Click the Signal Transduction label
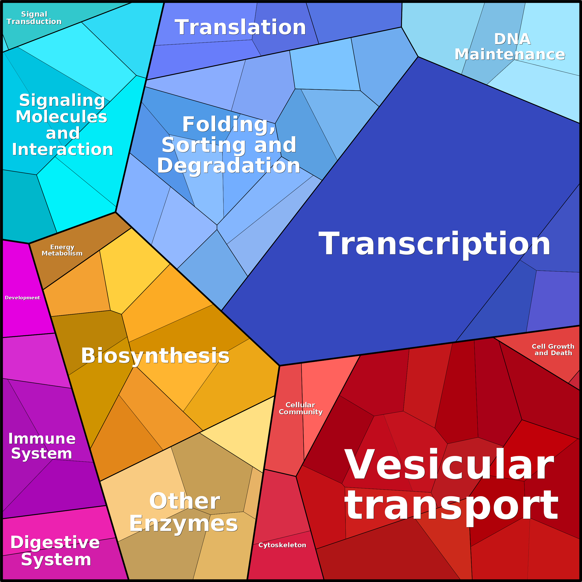[x=34, y=18]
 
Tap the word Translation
[x=240, y=27]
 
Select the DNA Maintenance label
[x=510, y=47]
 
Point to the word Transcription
[x=434, y=244]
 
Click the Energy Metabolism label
[x=62, y=250]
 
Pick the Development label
[x=23, y=298]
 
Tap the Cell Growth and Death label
[x=553, y=350]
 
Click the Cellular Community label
[x=301, y=408]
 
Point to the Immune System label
[x=42, y=446]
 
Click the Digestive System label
[x=55, y=551]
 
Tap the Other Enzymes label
[x=184, y=512]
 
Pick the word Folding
[x=229, y=125]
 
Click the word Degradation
[x=229, y=166]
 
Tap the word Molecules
[x=61, y=117]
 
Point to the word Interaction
[x=63, y=149]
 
